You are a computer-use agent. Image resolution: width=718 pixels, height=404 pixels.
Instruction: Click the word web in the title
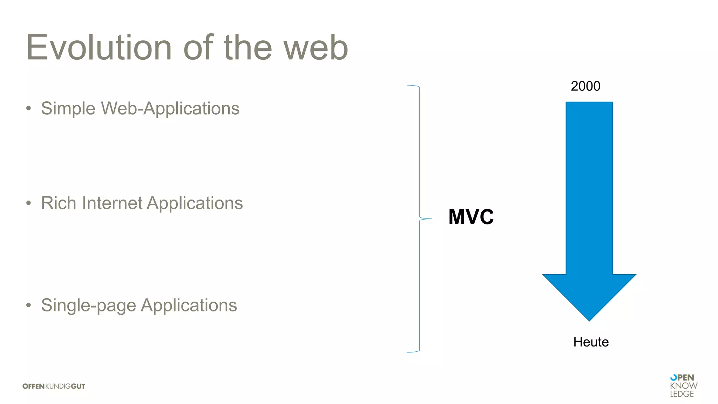316,48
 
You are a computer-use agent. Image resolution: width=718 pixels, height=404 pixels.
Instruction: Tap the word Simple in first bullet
68,108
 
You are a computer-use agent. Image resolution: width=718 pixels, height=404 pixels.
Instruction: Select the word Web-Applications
170,108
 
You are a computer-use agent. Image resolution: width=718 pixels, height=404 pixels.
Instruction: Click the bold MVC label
471,217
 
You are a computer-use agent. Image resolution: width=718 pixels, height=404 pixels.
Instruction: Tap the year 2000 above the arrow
585,86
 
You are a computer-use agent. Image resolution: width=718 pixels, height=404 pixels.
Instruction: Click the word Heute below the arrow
591,342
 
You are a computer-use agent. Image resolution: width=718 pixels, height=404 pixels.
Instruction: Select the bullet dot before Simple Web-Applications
29,108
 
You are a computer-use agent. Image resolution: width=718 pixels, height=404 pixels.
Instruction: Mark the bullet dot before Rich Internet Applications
29,203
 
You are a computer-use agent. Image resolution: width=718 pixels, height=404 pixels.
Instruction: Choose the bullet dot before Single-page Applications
29,305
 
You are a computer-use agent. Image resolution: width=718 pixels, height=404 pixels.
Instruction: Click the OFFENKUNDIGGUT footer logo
54,386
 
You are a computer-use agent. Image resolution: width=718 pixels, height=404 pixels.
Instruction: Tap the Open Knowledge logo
683,386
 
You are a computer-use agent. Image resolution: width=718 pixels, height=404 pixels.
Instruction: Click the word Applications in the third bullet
189,305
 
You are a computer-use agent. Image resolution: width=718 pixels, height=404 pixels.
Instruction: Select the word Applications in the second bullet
195,203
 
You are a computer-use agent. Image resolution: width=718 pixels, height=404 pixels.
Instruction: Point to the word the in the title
248,48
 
